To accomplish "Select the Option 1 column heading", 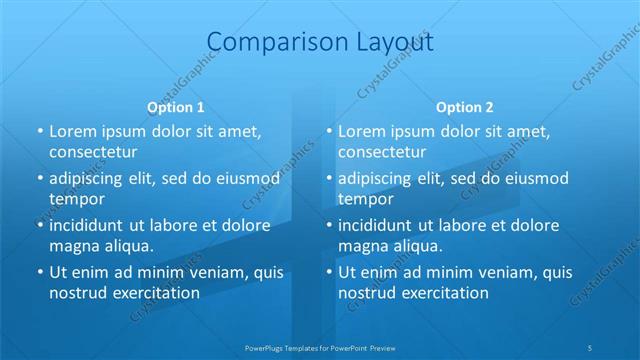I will pos(176,107).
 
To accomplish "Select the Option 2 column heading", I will pos(465,107).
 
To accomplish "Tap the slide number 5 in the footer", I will pos(591,347).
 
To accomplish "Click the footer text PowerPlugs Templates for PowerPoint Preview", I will pos(320,347).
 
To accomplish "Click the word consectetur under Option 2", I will pos(382,152).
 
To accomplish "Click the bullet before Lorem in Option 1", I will pos(39,131).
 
